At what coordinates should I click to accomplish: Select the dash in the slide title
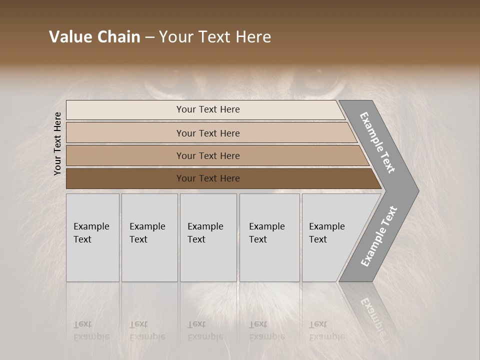(149, 37)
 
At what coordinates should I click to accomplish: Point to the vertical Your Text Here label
(57, 143)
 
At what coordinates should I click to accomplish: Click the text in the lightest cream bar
(208, 109)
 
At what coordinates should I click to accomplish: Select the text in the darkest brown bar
(208, 178)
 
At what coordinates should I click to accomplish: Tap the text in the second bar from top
(208, 133)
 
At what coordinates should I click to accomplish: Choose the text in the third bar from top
(208, 156)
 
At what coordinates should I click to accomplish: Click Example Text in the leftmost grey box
(91, 233)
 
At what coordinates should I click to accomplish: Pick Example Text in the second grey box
(147, 233)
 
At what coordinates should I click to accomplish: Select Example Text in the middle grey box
(205, 233)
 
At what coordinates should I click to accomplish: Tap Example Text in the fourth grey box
(266, 233)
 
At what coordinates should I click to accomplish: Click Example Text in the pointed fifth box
(326, 233)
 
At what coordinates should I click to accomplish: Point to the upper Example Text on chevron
(377, 142)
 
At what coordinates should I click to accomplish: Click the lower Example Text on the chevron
(378, 236)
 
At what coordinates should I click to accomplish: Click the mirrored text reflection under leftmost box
(91, 330)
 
